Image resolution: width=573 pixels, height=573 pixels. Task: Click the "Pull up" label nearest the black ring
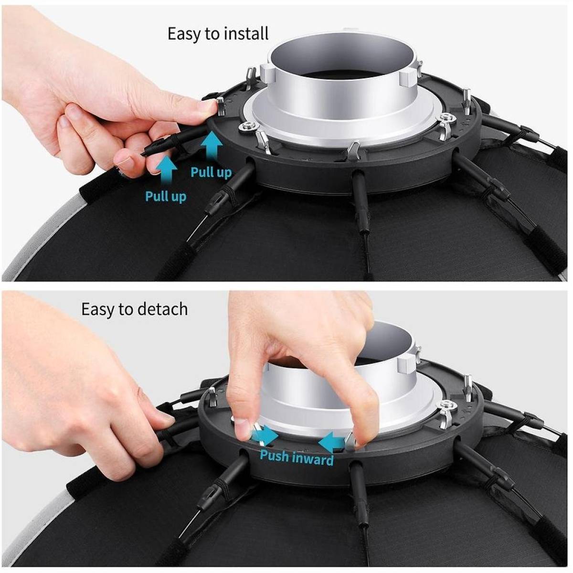click(x=211, y=172)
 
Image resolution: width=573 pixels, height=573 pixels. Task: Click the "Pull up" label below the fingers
click(x=166, y=196)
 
